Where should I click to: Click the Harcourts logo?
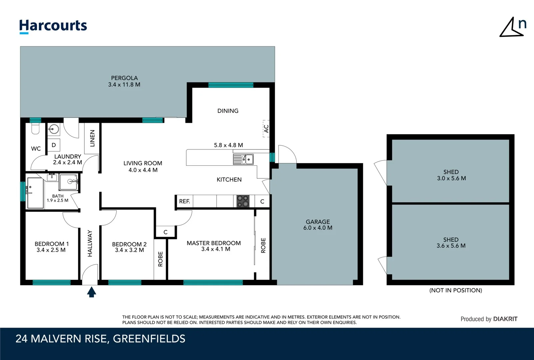pyautogui.click(x=53, y=26)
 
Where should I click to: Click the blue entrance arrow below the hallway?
pyautogui.click(x=92, y=292)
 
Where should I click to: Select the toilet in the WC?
pyautogui.click(x=36, y=129)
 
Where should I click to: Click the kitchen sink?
pyautogui.click(x=248, y=159)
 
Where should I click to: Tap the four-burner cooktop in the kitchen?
pyautogui.click(x=243, y=201)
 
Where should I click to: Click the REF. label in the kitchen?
pyautogui.click(x=184, y=201)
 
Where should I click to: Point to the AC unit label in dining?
pyautogui.click(x=266, y=129)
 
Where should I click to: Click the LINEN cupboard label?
pyautogui.click(x=92, y=138)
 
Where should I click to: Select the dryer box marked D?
pyautogui.click(x=54, y=145)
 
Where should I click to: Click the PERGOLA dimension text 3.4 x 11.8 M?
pyautogui.click(x=124, y=85)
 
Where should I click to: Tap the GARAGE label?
pyautogui.click(x=317, y=222)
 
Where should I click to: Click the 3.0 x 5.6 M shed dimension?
pyautogui.click(x=451, y=178)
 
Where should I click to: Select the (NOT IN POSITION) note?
pyautogui.click(x=455, y=290)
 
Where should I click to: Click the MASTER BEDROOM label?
pyautogui.click(x=214, y=243)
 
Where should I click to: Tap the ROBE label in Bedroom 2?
pyautogui.click(x=160, y=259)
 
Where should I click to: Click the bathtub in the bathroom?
pyautogui.click(x=35, y=193)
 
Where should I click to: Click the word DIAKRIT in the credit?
pyautogui.click(x=505, y=319)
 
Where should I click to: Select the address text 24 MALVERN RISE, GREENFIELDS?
pyautogui.click(x=100, y=339)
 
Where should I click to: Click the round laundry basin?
pyautogui.click(x=54, y=129)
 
